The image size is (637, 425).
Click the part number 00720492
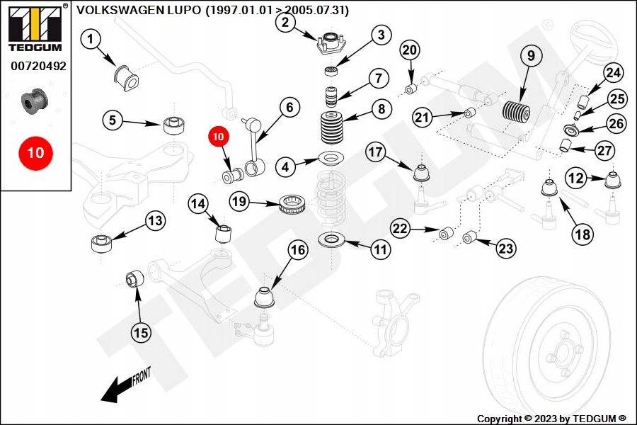point(38,66)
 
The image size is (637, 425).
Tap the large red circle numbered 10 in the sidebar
point(35,152)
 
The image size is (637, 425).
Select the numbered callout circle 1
point(91,40)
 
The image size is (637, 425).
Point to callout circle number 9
point(530,55)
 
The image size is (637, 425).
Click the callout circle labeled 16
point(298,249)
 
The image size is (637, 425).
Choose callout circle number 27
point(604,150)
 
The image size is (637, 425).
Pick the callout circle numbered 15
point(142,331)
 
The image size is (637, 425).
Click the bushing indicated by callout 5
point(173,125)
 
